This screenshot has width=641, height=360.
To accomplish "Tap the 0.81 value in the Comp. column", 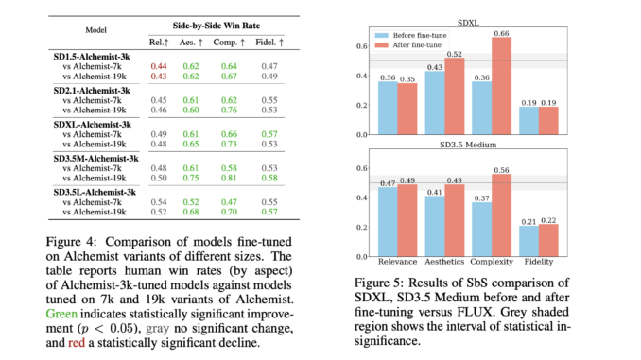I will tap(227, 177).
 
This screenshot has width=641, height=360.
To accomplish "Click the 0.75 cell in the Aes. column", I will tap(192, 177).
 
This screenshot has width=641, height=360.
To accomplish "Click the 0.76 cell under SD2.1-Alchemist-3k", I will tap(227, 110).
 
